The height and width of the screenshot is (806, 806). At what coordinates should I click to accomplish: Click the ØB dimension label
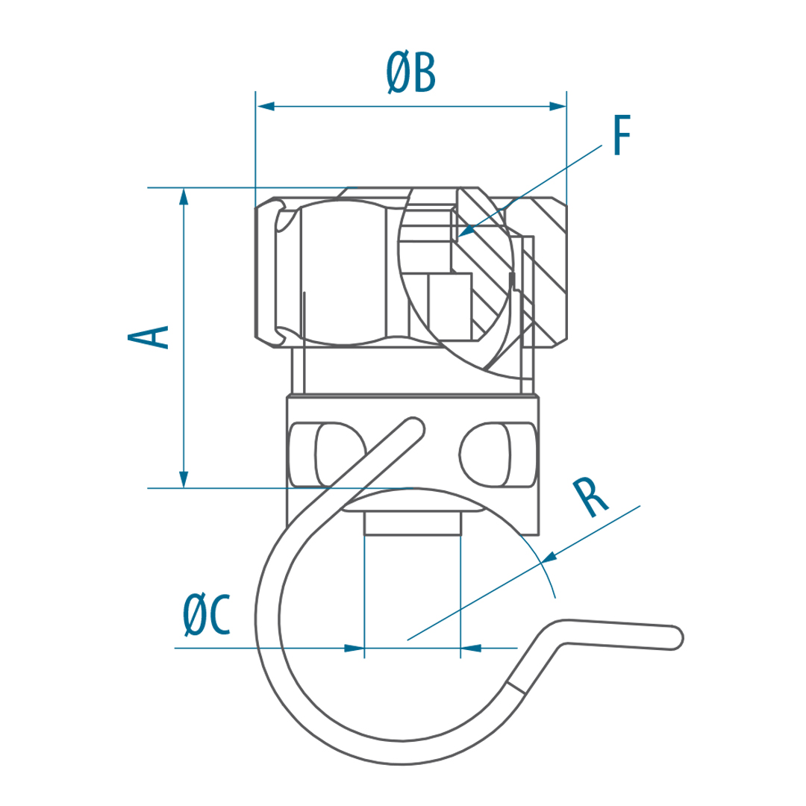pos(410,74)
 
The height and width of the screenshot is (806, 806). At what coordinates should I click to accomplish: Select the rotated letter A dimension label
pos(148,337)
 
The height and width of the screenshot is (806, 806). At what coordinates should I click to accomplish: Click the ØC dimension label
pos(206,615)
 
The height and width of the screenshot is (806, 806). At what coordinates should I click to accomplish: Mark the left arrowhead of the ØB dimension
pos(265,107)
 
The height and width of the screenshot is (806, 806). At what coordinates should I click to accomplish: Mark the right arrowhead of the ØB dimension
pos(557,107)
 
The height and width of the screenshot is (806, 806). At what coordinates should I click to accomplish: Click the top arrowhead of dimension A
pos(184,197)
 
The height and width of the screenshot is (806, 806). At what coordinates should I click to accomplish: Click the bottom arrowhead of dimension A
pos(184,478)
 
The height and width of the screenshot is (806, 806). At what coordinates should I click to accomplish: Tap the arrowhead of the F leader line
pos(466,231)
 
